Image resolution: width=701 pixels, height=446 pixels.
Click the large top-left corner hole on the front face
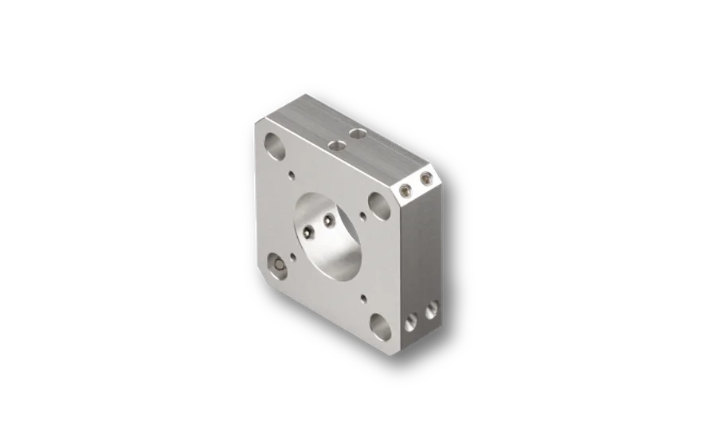[274, 146]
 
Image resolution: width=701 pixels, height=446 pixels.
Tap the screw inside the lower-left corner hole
[276, 266]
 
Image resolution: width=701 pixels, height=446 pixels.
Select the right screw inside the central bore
[327, 221]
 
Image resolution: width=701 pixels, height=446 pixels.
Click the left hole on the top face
[336, 145]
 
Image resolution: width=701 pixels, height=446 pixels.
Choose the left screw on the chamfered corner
[406, 190]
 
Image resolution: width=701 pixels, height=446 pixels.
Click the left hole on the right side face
[411, 322]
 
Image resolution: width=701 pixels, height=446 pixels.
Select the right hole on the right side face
[431, 311]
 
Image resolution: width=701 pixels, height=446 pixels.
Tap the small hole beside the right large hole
[363, 214]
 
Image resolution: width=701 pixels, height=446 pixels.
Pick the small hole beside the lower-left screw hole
[292, 256]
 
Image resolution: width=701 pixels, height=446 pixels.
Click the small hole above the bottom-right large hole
[363, 299]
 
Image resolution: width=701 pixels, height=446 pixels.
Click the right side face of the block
[421, 255]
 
